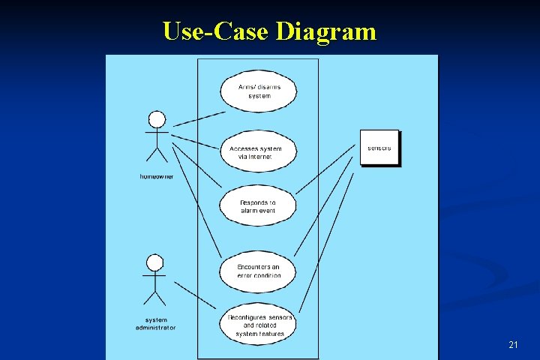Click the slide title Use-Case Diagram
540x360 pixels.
coord(269,31)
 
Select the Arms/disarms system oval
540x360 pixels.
coord(258,91)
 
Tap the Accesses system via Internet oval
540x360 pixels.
coord(258,153)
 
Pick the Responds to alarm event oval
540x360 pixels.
coord(258,207)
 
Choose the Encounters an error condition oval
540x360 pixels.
coord(258,271)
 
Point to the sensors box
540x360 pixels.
coord(379,148)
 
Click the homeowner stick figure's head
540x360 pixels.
coord(156,120)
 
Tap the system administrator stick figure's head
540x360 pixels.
coord(155,262)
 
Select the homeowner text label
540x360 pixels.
coord(156,176)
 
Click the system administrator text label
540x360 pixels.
coord(156,323)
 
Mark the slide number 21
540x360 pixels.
coord(513,345)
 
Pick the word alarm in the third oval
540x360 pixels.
coord(249,211)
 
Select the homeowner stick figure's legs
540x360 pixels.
coord(156,155)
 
